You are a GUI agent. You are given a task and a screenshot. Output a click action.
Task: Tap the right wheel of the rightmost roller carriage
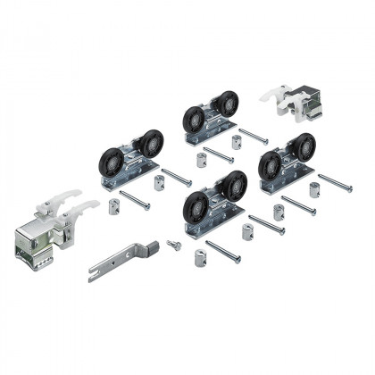pos(304,148)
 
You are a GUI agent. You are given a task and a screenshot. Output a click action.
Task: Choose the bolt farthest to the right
pos(336,182)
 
